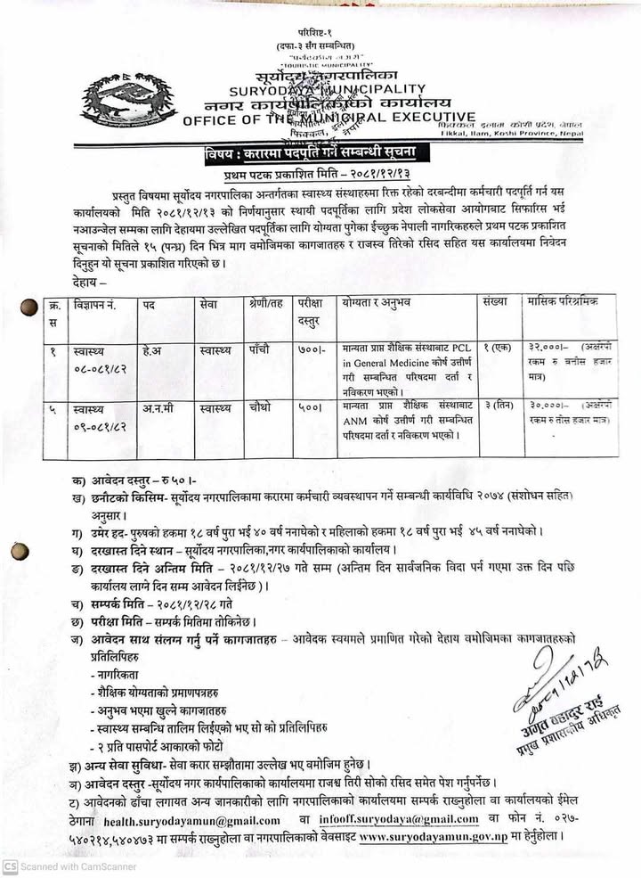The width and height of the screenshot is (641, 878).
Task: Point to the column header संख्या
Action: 494,303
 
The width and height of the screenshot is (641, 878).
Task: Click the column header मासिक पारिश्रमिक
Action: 564,303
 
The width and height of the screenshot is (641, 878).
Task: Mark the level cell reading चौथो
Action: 261,407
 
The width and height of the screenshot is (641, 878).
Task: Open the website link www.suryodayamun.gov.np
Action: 434,838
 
